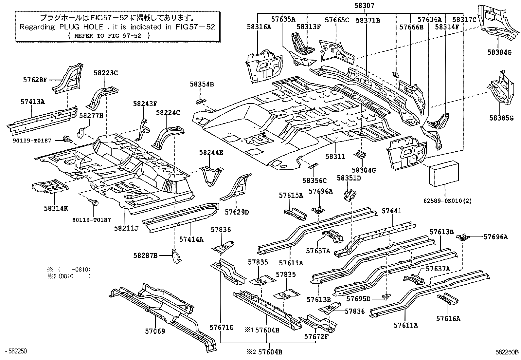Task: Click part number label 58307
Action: point(364,6)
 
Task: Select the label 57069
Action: point(155,331)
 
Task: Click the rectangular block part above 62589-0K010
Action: point(444,174)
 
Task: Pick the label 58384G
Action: point(499,52)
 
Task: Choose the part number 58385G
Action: point(501,118)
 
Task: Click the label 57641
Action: point(391,211)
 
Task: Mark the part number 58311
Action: point(335,157)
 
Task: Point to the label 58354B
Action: point(202,84)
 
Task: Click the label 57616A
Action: point(448,318)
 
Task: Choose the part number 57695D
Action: point(358,299)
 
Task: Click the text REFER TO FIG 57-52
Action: point(108,36)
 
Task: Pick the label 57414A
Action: point(191,239)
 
